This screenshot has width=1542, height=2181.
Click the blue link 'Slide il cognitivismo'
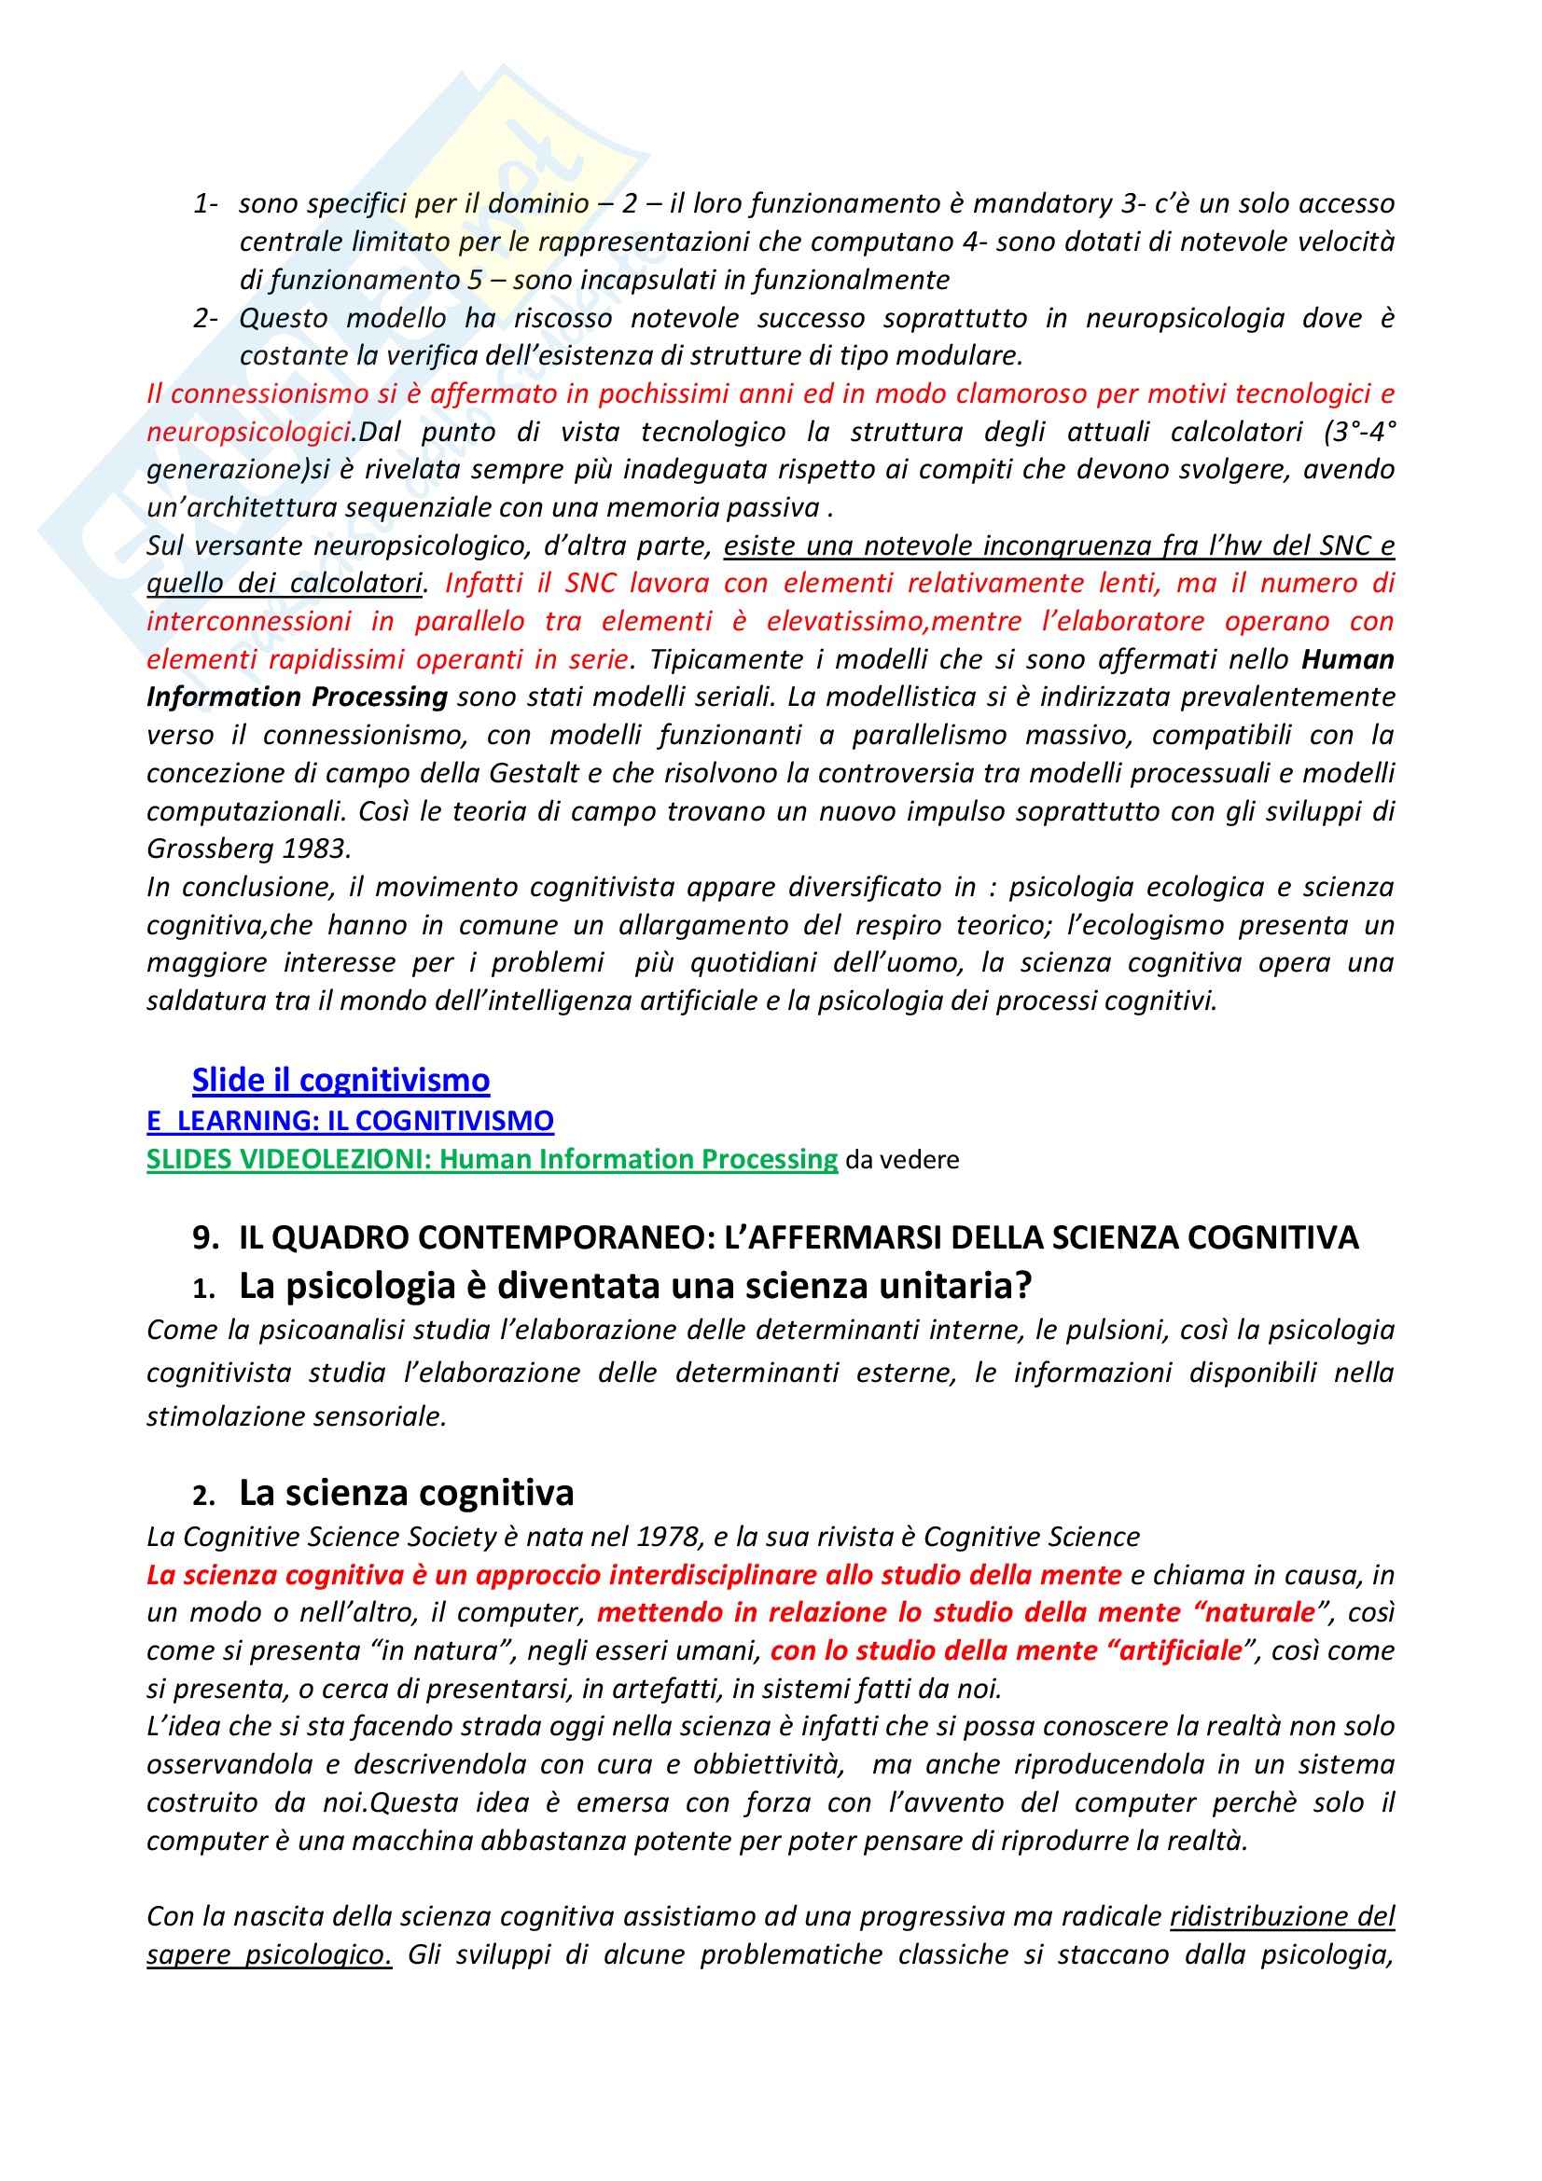pos(340,1080)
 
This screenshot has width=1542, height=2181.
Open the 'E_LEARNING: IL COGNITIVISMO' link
pos(350,1121)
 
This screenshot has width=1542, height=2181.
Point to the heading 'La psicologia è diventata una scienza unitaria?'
pos(634,1285)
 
